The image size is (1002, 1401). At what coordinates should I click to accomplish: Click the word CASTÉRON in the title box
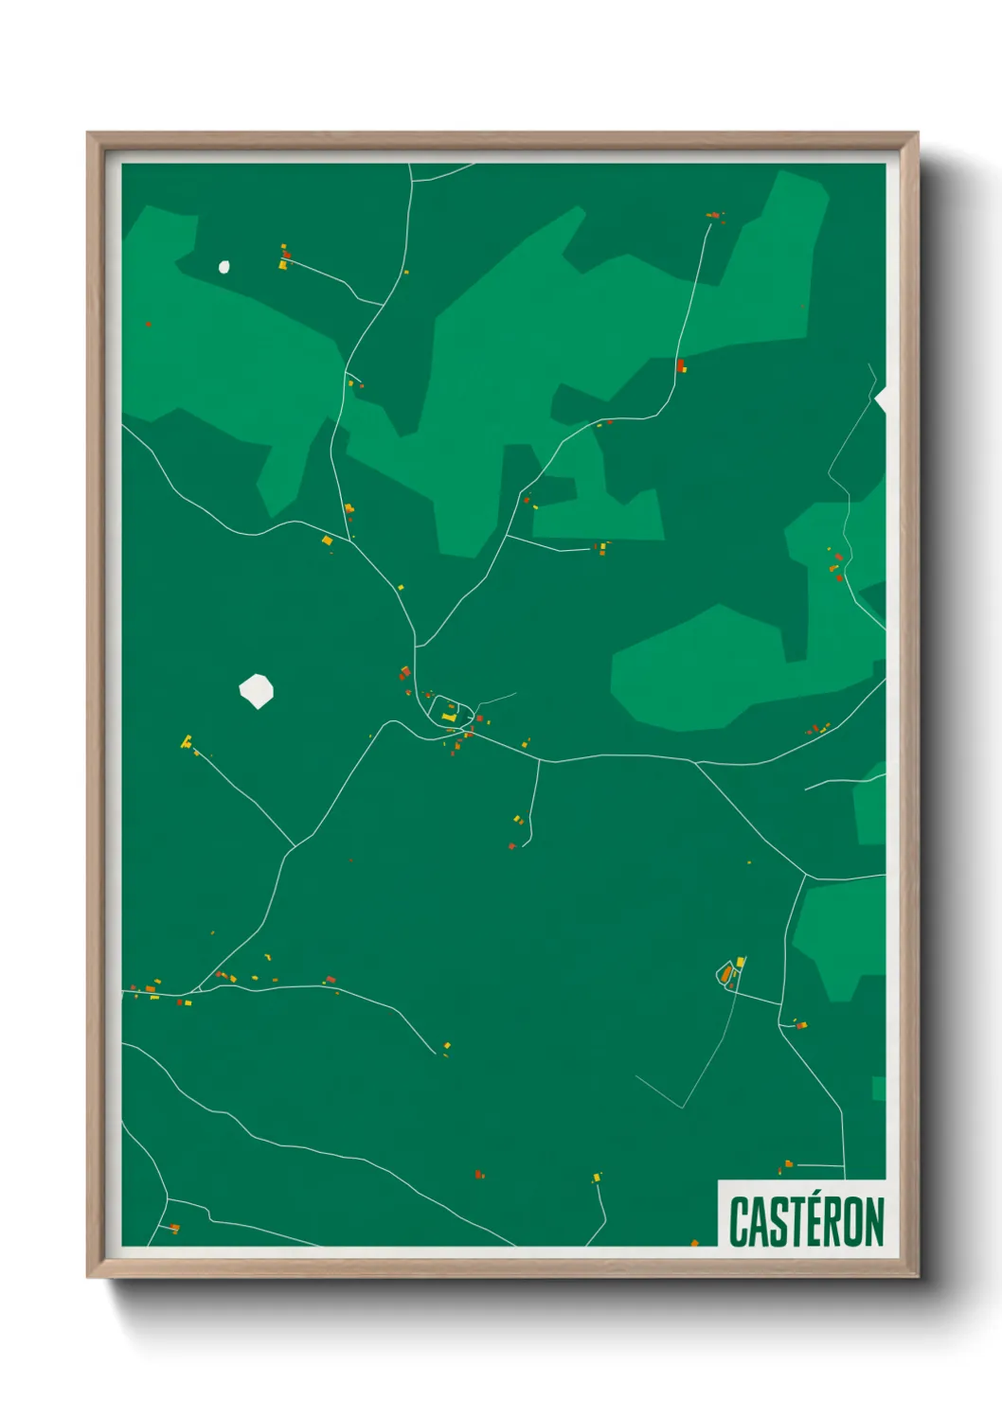click(806, 1221)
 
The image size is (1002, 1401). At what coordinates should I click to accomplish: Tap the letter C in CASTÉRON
click(738, 1221)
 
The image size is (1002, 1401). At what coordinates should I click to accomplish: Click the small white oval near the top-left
click(224, 267)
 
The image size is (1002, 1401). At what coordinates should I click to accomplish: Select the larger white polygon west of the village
click(256, 691)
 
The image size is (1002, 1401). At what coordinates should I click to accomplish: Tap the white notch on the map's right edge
click(881, 399)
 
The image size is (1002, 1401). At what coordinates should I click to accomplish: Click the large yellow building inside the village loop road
click(449, 718)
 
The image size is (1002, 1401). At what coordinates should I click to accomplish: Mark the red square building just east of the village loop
click(478, 719)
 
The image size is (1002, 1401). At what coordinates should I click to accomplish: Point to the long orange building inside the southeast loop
click(726, 973)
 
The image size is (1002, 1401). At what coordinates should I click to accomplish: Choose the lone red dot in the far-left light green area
click(149, 325)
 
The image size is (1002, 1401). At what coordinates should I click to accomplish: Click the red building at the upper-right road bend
click(680, 364)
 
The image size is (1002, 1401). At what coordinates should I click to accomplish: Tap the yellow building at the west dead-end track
click(187, 741)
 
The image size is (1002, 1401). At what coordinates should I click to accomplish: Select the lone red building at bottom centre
click(479, 1174)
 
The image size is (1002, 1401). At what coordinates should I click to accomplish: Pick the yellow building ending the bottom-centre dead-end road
click(596, 1179)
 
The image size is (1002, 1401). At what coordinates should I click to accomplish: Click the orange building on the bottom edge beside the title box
click(694, 1243)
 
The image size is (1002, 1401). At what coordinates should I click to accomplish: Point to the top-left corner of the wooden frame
click(88, 133)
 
